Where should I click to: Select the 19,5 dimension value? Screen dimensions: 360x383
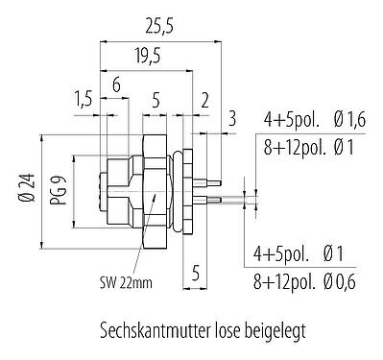pyautogui.click(x=148, y=57)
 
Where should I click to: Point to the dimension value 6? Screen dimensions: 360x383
pyautogui.click(x=115, y=85)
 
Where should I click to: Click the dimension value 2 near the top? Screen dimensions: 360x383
pyautogui.click(x=205, y=101)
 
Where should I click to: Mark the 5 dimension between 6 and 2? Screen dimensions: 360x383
pyautogui.click(x=156, y=101)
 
